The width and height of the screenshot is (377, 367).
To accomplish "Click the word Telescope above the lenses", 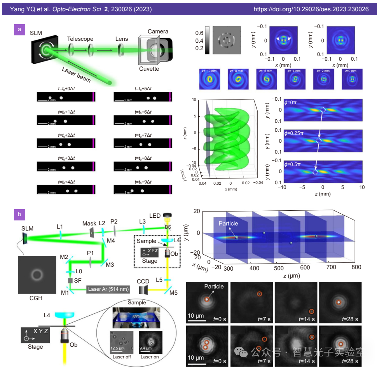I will [80, 39].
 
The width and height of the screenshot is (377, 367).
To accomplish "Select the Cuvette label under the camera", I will [149, 68].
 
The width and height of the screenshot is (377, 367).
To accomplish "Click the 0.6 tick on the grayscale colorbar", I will [199, 33].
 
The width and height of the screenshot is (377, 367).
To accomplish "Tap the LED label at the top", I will [154, 215].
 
